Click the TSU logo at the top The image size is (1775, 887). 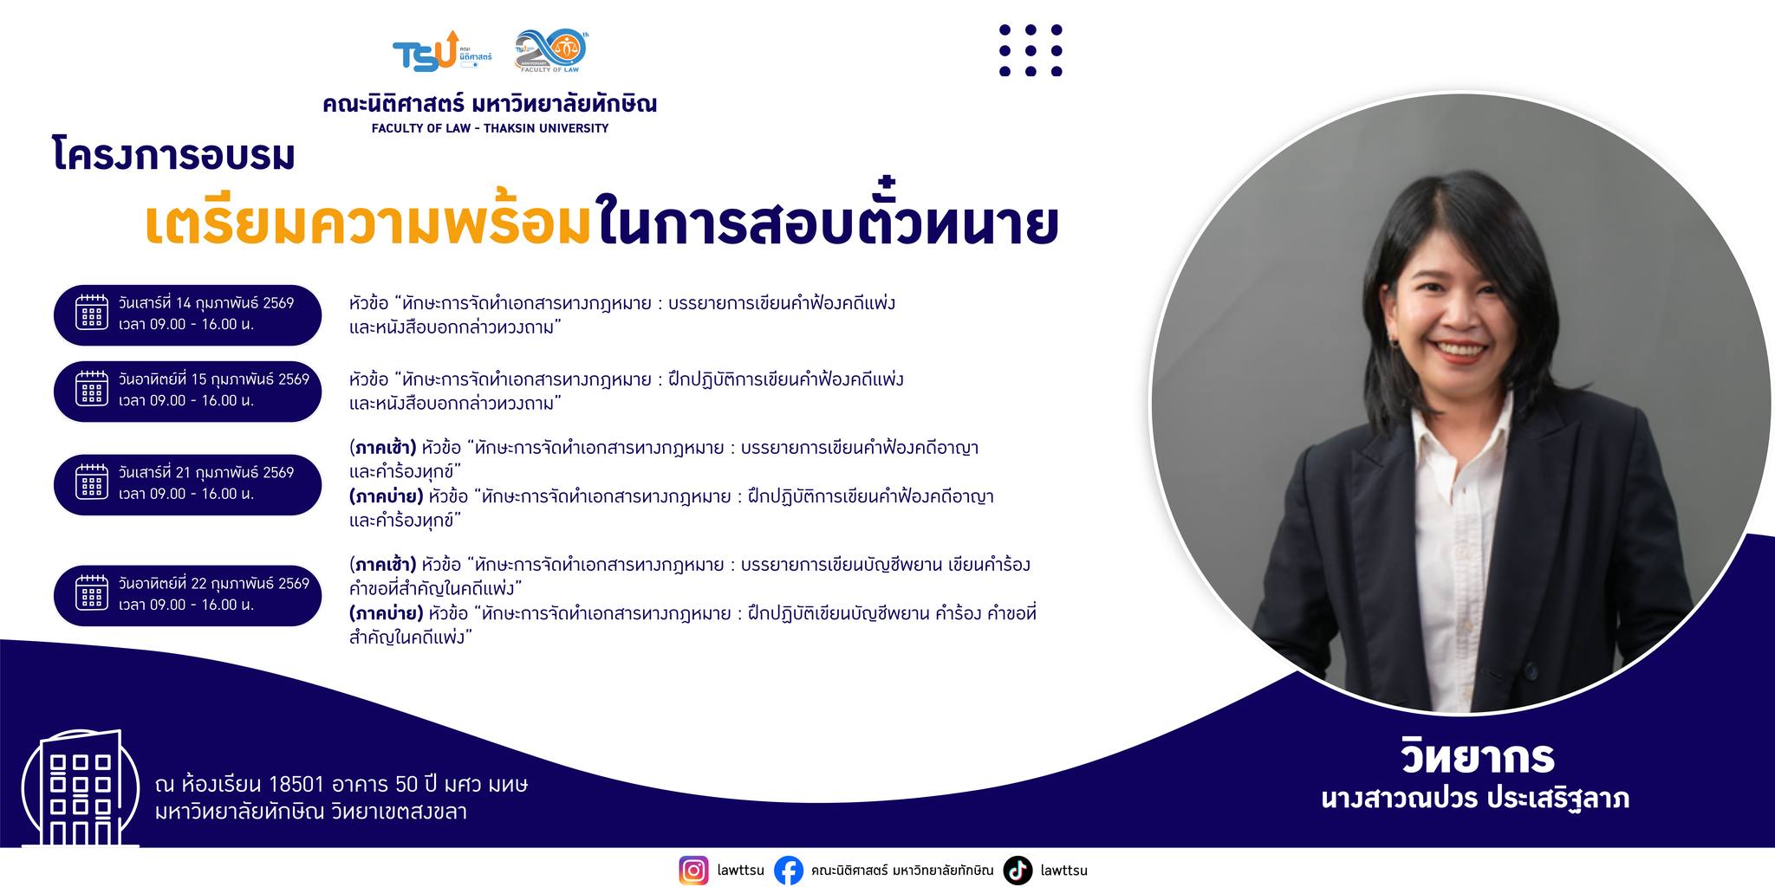tap(442, 52)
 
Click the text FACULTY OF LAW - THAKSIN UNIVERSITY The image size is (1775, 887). tap(490, 128)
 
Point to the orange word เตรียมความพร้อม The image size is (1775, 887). tap(367, 223)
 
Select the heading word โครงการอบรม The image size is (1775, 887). tap(173, 156)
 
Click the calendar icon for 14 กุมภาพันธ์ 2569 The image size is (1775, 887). tap(92, 313)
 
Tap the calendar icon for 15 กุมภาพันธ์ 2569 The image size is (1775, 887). tap(92, 389)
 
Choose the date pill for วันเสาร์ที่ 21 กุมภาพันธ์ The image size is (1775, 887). tap(187, 483)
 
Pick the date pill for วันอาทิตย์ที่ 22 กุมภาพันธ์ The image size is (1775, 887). tap(187, 594)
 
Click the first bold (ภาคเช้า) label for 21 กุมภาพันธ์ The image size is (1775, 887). tap(383, 449)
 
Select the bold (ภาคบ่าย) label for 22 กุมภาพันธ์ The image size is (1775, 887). tap(387, 614)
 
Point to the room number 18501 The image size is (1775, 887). tap(296, 785)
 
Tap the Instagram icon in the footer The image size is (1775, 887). tap(693, 870)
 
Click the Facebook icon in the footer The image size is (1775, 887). tap(788, 870)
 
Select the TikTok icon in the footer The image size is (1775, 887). tap(1018, 870)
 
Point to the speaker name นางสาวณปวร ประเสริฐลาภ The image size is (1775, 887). tap(1475, 798)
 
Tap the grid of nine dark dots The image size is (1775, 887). tap(1031, 50)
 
